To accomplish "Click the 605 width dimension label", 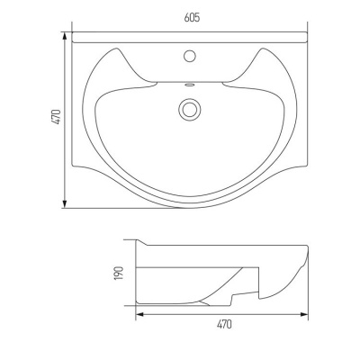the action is point(192,18).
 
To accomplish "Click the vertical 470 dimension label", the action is point(57,117).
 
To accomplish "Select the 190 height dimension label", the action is point(119,274).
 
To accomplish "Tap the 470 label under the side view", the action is point(224,324).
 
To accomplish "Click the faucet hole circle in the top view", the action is point(190,56).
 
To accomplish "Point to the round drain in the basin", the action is point(189,109).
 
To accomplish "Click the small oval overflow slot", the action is point(189,85).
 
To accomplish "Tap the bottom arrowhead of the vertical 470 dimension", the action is point(64,203).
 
